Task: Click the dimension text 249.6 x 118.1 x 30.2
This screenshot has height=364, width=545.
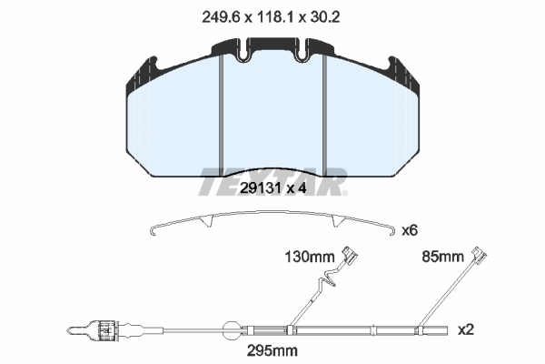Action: point(271,16)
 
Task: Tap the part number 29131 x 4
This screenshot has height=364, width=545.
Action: point(273,188)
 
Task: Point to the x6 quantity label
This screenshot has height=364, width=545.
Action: point(410,230)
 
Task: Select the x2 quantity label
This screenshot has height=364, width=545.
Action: point(466,329)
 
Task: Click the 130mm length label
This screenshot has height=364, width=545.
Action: point(310,257)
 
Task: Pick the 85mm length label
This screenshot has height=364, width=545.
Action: point(442,257)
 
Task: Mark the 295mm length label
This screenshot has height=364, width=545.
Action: point(272,350)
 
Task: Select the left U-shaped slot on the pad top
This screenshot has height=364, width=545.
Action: point(245,51)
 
